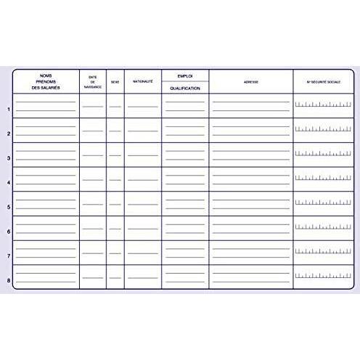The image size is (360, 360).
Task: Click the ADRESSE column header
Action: point(251,82)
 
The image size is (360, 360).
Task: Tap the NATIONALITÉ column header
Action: point(142,82)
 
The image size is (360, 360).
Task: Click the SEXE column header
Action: point(115,82)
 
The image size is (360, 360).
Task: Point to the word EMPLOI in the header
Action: point(185,75)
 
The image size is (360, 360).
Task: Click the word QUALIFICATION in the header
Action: point(185,88)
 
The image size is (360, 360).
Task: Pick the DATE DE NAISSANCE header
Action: point(92,82)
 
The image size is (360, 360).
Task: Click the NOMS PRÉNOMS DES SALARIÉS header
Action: point(46,82)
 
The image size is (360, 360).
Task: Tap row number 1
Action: point(8,110)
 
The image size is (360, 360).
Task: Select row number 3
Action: point(8,158)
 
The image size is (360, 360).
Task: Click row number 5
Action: point(8,208)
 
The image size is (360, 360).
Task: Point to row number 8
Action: point(8,281)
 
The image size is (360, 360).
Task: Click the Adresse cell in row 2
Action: point(251,131)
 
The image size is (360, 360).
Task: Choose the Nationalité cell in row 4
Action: point(142,179)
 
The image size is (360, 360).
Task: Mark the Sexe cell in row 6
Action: point(115,229)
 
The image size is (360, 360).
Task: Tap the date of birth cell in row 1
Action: point(92,106)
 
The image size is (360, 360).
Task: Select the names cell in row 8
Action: point(46,277)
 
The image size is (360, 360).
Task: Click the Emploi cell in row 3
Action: point(185,155)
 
